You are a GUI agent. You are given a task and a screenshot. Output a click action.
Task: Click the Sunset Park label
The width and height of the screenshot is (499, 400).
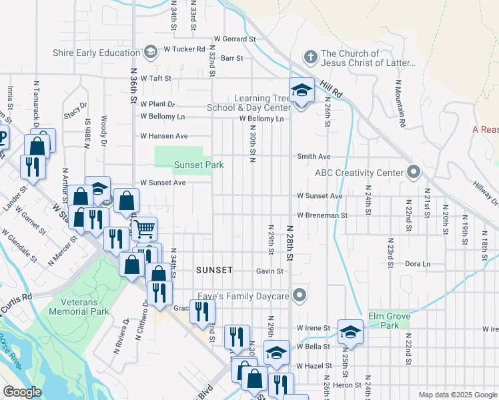coord(198,165)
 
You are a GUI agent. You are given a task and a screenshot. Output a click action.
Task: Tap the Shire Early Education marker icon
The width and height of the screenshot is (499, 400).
coord(151,51)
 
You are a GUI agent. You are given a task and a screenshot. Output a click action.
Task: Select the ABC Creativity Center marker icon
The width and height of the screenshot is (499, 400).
coord(414,173)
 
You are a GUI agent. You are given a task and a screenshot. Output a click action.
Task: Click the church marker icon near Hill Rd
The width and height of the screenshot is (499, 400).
coord(310,57)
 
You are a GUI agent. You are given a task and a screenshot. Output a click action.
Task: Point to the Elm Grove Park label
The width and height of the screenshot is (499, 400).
coord(389,320)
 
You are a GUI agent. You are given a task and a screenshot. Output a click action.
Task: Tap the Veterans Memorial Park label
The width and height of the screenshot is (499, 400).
coord(80,307)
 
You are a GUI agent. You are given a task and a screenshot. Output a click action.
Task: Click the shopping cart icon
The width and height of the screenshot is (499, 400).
coord(144,229)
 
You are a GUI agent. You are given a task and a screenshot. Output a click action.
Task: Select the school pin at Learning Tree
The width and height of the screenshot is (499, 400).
coord(301,91)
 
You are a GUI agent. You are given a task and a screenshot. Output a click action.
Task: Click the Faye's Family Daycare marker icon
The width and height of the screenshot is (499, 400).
coord(300,295)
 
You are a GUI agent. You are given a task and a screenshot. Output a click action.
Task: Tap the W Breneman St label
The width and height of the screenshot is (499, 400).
coord(322,215)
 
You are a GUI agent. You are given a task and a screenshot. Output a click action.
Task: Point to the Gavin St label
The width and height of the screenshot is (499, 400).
coord(270,271)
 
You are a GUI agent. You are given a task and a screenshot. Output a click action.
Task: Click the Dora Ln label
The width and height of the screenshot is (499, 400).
coord(418,264)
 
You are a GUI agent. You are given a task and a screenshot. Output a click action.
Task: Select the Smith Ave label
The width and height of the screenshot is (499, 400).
coord(314,157)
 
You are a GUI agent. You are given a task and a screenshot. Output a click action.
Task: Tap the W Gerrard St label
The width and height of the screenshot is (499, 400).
coord(235,39)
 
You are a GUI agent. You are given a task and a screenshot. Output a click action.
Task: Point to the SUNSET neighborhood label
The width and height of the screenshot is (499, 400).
coord(215,270)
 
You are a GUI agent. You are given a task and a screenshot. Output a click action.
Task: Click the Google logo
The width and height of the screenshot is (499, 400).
coord(23,391)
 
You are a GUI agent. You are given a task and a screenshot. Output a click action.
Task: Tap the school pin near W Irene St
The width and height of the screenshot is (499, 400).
coord(350,333)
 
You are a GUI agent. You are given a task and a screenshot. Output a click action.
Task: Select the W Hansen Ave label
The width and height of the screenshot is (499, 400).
coord(163,136)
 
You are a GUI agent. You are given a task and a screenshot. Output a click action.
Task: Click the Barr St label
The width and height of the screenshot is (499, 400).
coord(231,59)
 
